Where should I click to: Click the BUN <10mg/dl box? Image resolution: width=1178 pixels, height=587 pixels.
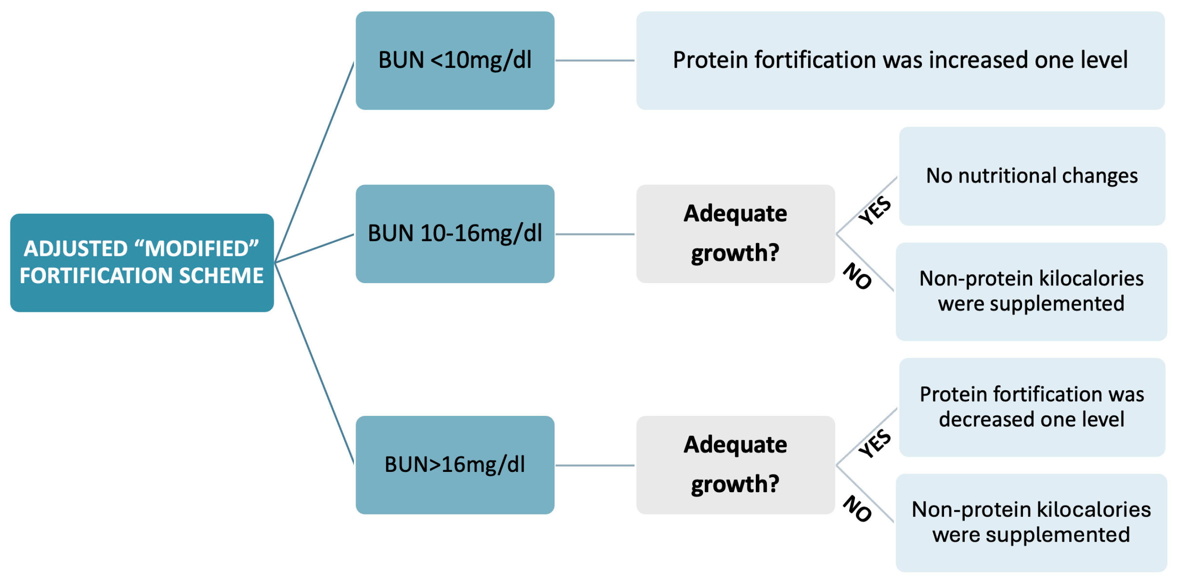pyautogui.click(x=454, y=60)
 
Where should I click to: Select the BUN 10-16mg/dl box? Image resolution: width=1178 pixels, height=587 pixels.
pyautogui.click(x=454, y=234)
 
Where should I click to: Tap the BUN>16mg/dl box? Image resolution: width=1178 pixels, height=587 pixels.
pyautogui.click(x=454, y=465)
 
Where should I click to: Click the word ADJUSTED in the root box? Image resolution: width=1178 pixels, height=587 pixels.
pyautogui.click(x=76, y=249)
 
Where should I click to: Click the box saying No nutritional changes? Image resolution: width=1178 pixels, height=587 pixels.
pyautogui.click(x=1032, y=176)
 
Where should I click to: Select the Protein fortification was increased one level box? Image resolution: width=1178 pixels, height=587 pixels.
pyautogui.click(x=900, y=60)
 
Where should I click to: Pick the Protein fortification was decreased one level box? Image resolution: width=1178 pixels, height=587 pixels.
pyautogui.click(x=1032, y=407)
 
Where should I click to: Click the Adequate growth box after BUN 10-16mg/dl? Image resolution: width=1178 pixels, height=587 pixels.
pyautogui.click(x=736, y=234)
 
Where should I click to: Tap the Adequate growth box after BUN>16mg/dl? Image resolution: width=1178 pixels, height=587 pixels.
pyautogui.click(x=736, y=465)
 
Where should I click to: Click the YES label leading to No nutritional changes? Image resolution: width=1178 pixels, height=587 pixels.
pyautogui.click(x=874, y=211)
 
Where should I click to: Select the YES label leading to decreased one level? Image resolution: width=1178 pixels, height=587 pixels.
pyautogui.click(x=874, y=443)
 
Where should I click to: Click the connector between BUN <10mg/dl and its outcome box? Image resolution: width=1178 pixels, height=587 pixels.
pyautogui.click(x=595, y=60)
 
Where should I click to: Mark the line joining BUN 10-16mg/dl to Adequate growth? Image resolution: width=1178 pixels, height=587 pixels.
pyautogui.click(x=595, y=234)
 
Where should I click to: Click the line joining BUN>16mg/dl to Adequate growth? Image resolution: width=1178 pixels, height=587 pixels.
pyautogui.click(x=595, y=465)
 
